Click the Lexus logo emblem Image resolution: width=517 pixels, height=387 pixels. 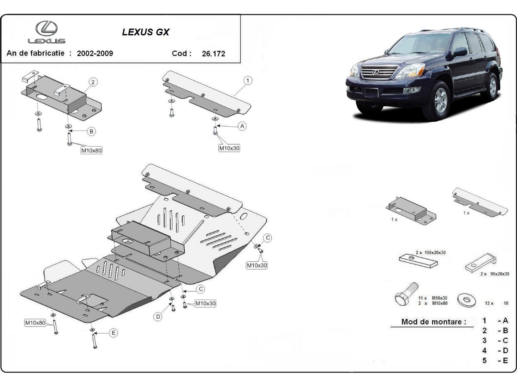coord(47,29)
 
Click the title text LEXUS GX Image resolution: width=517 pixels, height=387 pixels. coord(146,32)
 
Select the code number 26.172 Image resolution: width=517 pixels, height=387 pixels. coord(213,54)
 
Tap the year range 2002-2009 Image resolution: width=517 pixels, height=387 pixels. coord(95,54)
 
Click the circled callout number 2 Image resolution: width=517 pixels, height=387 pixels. coord(93,82)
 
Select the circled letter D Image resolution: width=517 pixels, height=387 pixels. coord(158,317)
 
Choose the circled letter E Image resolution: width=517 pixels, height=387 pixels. coord(113,332)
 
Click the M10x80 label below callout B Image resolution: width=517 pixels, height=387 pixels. coord(92,150)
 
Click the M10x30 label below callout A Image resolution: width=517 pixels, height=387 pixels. coord(229,148)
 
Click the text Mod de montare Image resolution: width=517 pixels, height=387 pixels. coord(434,322)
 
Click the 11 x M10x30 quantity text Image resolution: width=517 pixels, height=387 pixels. coord(432,298)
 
